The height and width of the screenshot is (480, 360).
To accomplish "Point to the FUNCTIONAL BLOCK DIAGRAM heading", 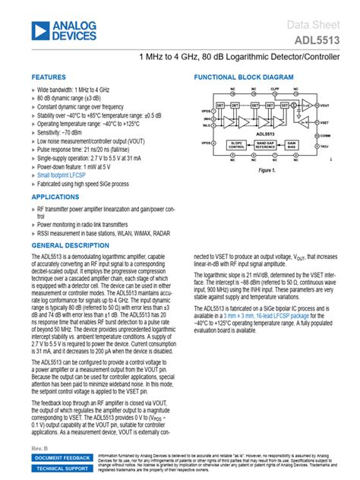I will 243,77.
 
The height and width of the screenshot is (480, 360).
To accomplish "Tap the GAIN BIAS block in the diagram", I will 294,144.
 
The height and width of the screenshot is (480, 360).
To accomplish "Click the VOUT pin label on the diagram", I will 325,105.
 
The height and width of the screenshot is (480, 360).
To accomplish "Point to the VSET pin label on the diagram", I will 325,121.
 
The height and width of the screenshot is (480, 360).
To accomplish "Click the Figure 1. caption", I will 266,171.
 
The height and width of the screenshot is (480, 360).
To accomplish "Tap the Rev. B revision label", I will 39,450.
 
